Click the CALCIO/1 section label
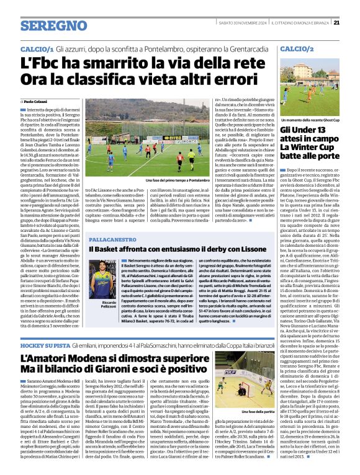coord(37,48)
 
